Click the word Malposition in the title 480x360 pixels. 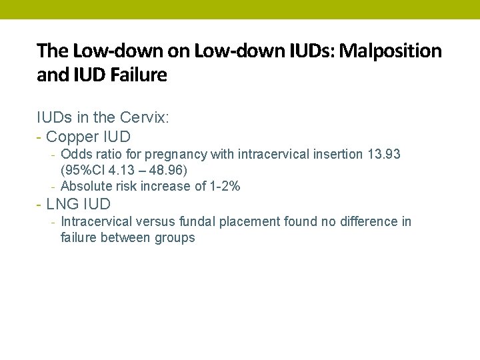coord(391,51)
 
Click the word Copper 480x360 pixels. coord(70,136)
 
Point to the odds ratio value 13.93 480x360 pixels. coord(384,154)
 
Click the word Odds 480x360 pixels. coord(75,154)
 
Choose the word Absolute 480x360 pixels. coord(86,186)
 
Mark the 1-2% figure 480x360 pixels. coord(225,186)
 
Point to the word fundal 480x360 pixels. coord(207,221)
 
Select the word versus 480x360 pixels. coord(161,221)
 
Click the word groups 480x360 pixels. coord(174,237)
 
